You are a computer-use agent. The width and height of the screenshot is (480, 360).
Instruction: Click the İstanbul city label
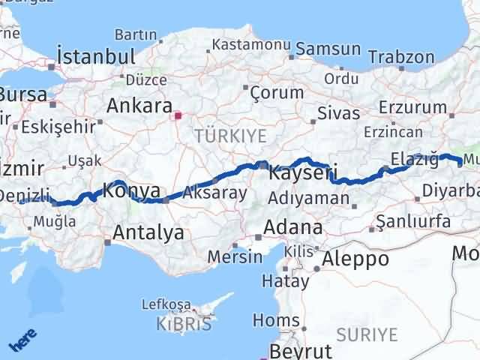click(96, 56)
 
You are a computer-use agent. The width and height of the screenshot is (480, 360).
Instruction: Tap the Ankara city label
click(139, 106)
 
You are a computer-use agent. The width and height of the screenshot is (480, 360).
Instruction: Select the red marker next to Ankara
click(178, 115)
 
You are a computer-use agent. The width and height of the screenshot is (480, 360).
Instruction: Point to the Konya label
click(131, 190)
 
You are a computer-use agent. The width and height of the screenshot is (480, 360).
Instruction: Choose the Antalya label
click(148, 232)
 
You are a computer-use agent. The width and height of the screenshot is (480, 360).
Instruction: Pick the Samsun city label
click(328, 49)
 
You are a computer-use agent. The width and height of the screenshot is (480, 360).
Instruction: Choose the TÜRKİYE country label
click(220, 135)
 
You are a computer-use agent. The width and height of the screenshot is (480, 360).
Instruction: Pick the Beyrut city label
click(300, 351)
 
